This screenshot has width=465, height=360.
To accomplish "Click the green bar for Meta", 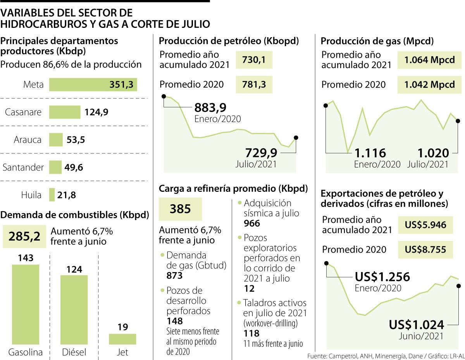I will click(x=93, y=85).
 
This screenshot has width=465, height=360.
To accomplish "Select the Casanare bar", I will click(x=64, y=112).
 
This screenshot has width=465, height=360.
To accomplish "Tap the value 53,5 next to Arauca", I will click(x=76, y=140).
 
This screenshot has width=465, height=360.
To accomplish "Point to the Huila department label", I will click(x=31, y=195).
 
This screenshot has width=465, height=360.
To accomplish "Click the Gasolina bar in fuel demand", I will click(x=25, y=304).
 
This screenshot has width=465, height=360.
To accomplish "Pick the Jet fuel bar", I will click(x=122, y=339).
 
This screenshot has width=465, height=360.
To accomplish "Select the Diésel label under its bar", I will click(x=74, y=353).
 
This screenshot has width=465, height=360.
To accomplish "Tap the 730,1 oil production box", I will click(x=254, y=60).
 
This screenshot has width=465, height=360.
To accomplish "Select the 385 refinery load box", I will click(x=180, y=209).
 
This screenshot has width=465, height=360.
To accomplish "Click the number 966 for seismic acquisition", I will click(x=252, y=224).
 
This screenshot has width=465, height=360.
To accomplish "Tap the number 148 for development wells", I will click(x=174, y=321).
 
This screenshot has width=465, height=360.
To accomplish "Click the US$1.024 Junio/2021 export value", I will click(x=416, y=324).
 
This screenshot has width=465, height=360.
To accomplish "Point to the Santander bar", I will click(x=55, y=167).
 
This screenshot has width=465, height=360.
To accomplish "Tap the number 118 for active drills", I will click(x=251, y=334).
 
